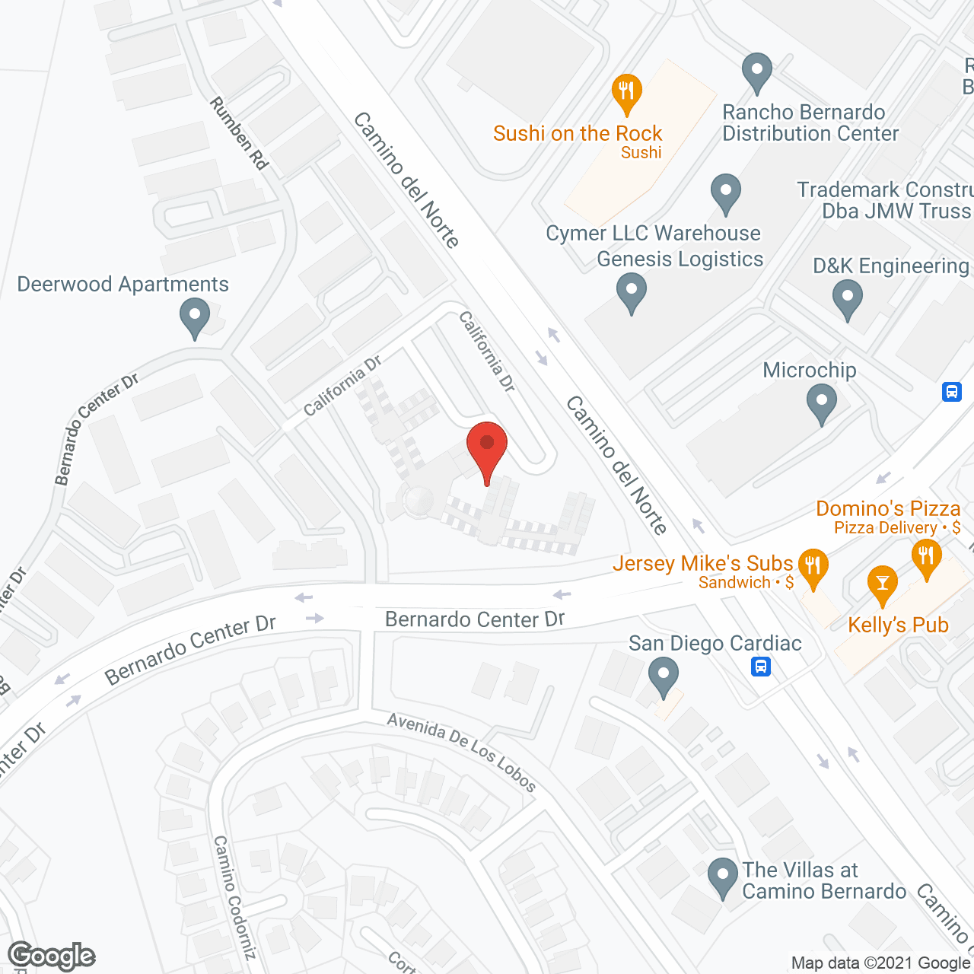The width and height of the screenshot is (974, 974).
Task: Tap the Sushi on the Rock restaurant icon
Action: [x=626, y=93]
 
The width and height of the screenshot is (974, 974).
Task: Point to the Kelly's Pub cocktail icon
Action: [x=882, y=584]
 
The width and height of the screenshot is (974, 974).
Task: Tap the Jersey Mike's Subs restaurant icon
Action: [x=813, y=568]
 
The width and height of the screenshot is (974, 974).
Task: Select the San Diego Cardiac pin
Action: [x=664, y=676]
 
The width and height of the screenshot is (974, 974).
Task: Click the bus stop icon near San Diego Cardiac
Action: [x=760, y=667]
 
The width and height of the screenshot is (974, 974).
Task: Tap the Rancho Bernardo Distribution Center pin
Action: [x=756, y=72]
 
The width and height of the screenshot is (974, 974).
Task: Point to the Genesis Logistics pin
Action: [x=631, y=292]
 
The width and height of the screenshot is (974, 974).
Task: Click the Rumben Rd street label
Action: [x=240, y=134]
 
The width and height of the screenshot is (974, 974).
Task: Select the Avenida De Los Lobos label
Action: [x=461, y=752]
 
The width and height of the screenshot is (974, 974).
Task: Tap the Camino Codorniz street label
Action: [x=234, y=896]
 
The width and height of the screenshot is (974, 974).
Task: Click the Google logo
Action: [x=52, y=956]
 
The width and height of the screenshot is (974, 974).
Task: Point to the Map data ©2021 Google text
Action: [x=880, y=963]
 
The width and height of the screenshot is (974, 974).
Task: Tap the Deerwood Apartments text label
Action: [x=123, y=285]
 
